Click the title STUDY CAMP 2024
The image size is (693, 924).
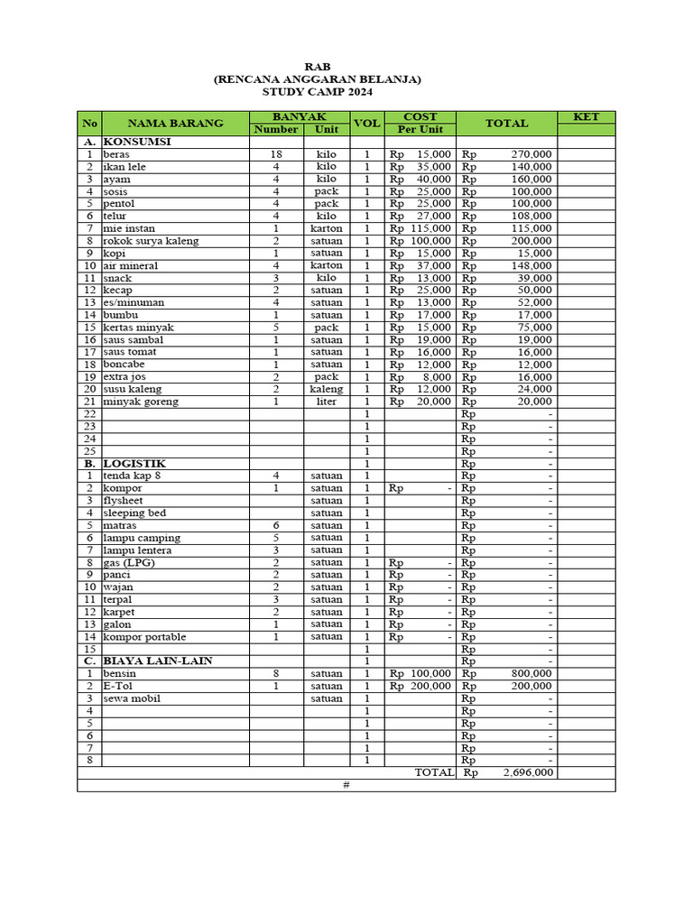316,92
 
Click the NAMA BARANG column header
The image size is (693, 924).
175,124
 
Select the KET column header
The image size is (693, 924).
586,117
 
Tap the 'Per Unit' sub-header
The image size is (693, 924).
420,130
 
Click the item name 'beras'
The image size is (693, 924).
116,154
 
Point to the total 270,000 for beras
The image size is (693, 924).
531,154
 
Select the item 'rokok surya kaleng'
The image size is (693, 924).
151,241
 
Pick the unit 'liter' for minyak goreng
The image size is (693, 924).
327,402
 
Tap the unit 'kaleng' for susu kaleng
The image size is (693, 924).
327,389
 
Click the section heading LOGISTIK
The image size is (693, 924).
134,463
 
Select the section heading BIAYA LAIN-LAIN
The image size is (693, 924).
158,661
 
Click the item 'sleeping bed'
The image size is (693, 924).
134,513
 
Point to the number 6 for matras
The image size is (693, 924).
276,525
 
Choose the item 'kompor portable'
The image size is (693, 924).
144,636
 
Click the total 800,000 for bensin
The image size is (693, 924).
531,673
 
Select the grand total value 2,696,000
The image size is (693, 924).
528,772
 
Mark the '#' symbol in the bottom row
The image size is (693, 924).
346,785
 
